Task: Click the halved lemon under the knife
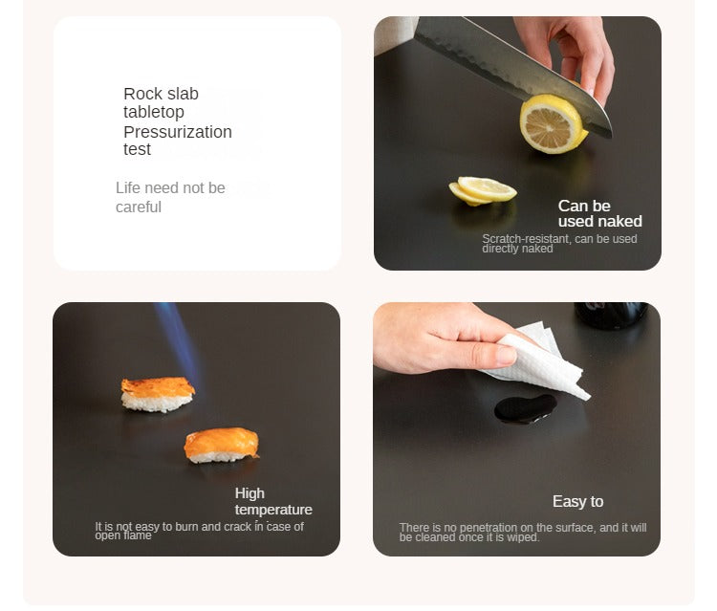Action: click(x=553, y=124)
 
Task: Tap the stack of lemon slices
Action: click(x=483, y=190)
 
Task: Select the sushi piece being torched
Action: click(x=158, y=394)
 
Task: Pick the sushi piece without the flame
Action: click(x=222, y=445)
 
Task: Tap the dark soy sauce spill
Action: click(x=526, y=408)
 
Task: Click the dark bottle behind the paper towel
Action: click(x=611, y=315)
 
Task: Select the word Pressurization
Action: click(x=178, y=132)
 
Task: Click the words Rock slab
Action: click(x=161, y=94)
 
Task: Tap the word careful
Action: click(x=139, y=207)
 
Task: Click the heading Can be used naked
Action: click(x=600, y=213)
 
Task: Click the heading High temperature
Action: click(x=273, y=501)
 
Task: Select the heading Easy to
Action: click(x=578, y=501)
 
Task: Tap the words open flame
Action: click(x=123, y=535)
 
